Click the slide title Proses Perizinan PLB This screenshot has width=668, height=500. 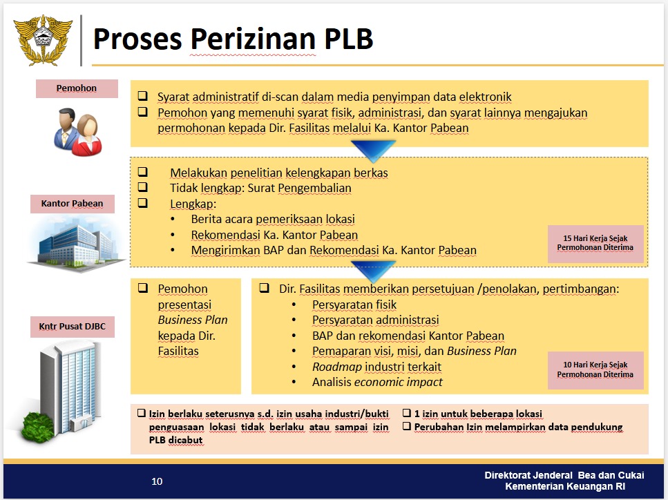pos(233,39)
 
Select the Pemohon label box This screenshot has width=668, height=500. pos(76,88)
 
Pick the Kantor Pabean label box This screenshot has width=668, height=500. pos(72,204)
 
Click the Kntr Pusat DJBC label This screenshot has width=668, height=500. pos(72,327)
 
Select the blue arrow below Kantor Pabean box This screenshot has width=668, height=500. pos(373,270)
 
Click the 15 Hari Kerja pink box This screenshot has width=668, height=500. pos(595,243)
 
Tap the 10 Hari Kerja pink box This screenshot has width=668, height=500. pos(595,370)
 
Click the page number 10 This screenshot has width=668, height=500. pos(157,481)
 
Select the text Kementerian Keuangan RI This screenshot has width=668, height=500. pos(574,487)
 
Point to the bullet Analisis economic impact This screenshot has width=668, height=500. pos(377,382)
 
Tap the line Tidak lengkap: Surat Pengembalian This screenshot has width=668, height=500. pos(260,188)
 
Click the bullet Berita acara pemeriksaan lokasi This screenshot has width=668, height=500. pos(273,219)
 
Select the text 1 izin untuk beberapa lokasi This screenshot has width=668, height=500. pos(477,414)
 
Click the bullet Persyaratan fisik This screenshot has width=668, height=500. pos(354,305)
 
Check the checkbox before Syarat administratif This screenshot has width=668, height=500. pos(143,96)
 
